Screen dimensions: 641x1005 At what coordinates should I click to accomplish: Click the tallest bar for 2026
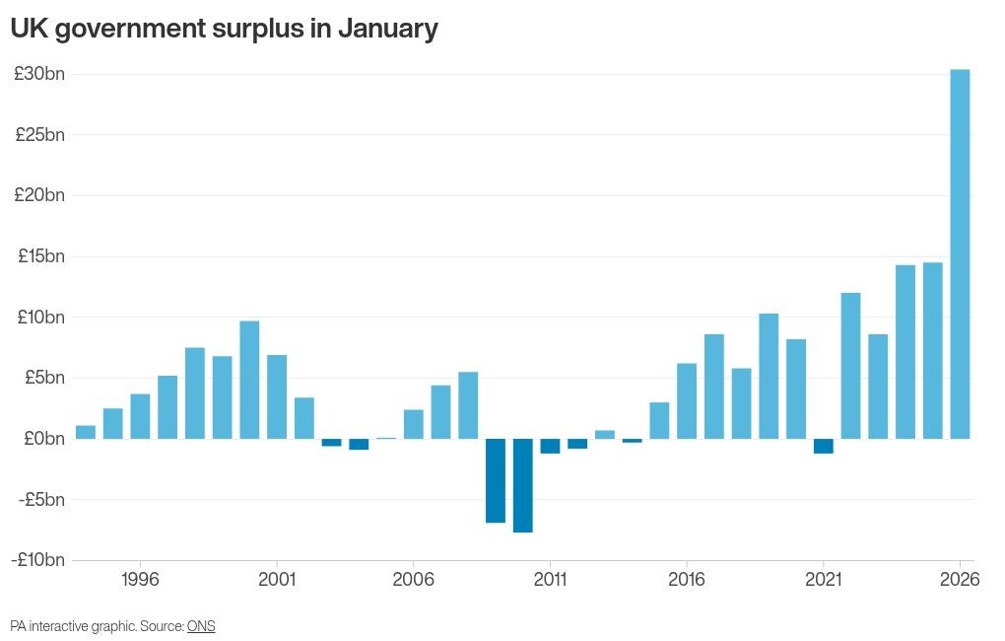pos(960,253)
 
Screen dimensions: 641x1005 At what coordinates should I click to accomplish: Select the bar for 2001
pos(277,396)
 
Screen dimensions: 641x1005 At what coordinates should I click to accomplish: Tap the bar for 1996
pos(140,416)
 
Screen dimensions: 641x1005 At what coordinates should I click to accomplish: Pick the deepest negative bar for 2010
pos(522,485)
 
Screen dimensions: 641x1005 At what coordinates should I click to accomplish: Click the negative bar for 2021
pos(823,446)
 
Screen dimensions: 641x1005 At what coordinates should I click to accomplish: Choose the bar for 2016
pos(687,401)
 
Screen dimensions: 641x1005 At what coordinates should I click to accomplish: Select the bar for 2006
pos(414,424)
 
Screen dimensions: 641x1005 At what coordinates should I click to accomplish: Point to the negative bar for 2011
pos(550,446)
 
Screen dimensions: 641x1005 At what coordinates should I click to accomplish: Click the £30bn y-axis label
pos(39,74)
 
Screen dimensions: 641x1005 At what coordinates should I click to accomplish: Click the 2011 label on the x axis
pos(550,580)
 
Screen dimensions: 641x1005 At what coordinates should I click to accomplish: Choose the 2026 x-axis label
pos(960,580)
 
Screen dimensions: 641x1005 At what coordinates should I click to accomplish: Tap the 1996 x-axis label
pos(140,580)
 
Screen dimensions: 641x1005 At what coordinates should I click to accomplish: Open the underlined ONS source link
pos(201,626)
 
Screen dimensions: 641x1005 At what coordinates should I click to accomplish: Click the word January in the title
pos(387,30)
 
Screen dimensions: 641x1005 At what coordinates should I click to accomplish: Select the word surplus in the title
pos(257,30)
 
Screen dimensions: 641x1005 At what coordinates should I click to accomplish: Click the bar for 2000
pos(249,380)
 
